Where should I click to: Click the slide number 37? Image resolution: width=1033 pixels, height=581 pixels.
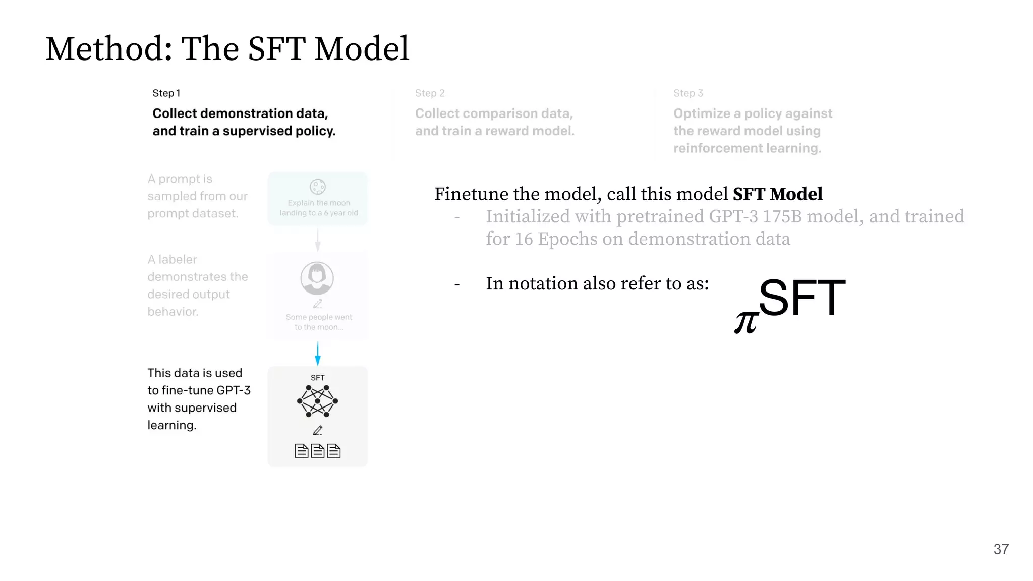click(x=1001, y=549)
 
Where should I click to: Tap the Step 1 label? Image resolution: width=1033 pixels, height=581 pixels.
click(x=166, y=93)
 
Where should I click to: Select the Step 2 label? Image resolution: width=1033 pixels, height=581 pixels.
click(x=430, y=93)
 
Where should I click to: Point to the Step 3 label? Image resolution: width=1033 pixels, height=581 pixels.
click(x=688, y=93)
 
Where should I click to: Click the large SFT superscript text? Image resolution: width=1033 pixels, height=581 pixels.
click(x=801, y=298)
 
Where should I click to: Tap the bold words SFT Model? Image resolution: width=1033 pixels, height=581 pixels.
click(x=777, y=194)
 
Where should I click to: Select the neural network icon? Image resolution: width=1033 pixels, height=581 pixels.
click(x=317, y=401)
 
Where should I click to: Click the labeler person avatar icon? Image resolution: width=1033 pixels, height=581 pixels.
click(x=317, y=278)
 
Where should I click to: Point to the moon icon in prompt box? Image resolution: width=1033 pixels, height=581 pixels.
click(x=317, y=187)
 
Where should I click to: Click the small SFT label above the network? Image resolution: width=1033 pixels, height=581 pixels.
click(x=317, y=378)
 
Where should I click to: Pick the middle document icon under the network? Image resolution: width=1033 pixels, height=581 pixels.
click(x=317, y=451)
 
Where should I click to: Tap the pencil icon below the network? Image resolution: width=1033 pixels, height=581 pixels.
click(x=317, y=431)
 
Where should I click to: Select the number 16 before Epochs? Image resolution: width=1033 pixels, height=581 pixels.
click(x=524, y=239)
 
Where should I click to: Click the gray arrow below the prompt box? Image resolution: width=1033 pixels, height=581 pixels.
click(x=317, y=240)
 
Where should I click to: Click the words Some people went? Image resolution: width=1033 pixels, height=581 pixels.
click(x=319, y=317)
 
